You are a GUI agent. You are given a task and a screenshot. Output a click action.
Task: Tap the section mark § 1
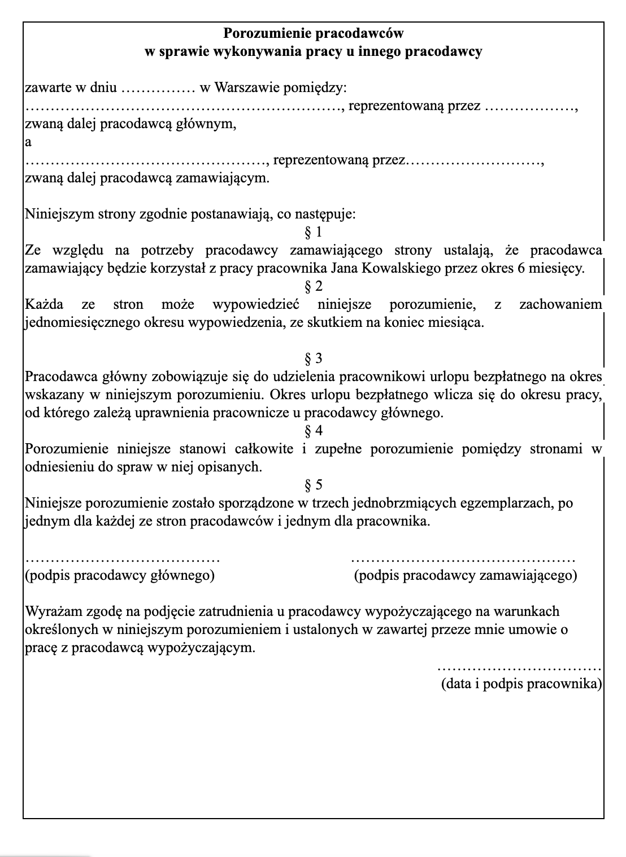314,232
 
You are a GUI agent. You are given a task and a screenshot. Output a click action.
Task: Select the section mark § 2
314,286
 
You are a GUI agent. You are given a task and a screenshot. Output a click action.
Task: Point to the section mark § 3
314,358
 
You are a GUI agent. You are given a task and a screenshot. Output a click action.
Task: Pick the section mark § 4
314,431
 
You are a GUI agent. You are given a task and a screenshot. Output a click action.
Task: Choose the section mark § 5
314,485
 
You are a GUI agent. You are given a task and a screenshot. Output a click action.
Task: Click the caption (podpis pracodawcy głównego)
120,576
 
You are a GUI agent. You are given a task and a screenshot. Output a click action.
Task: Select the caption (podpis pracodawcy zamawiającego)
466,576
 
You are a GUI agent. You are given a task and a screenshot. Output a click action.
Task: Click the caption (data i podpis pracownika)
521,684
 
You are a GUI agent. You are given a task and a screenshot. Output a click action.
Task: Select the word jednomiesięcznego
79,323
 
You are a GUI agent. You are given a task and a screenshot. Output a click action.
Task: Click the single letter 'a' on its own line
28,142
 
